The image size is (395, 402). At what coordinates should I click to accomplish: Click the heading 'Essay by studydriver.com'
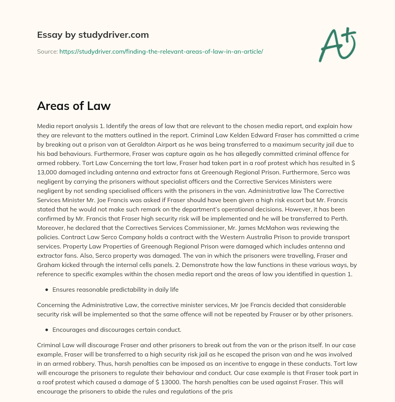coord(93,35)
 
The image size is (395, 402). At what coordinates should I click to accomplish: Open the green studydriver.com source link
coord(161,51)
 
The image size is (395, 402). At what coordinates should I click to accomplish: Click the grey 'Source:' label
coord(47,51)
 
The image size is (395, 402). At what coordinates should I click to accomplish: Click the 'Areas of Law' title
coord(74,106)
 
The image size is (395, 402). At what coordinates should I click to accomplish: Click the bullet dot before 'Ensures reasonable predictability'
coord(47,289)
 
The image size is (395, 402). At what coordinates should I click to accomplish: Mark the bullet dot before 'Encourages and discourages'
coord(47,330)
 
